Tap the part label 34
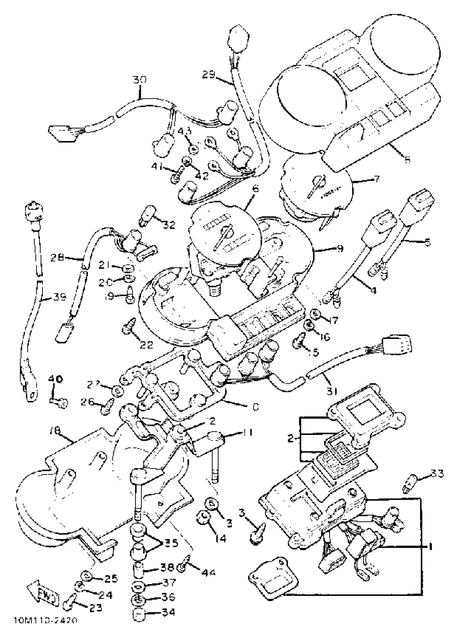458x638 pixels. click(168, 619)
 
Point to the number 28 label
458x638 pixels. click(57, 257)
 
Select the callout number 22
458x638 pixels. click(147, 344)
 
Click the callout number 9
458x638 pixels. click(340, 248)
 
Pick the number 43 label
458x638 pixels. click(185, 131)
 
